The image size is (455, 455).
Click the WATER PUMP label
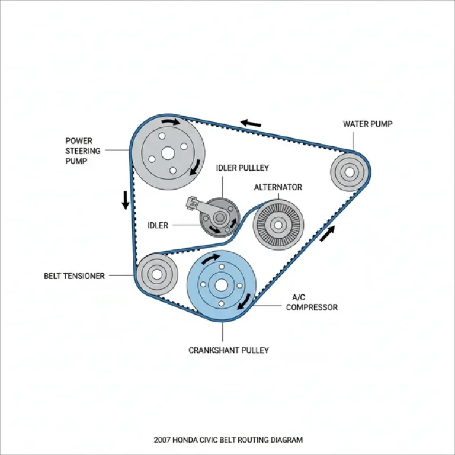pyautogui.click(x=367, y=124)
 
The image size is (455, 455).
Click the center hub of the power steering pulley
pyautogui.click(x=168, y=153)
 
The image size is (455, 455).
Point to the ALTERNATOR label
pyautogui.click(x=278, y=187)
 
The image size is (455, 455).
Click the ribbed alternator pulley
pyautogui.click(x=277, y=225)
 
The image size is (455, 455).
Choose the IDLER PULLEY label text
pyautogui.click(x=242, y=168)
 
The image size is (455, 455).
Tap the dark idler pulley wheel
pyautogui.click(x=220, y=219)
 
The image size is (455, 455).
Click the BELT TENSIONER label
pyautogui.click(x=74, y=276)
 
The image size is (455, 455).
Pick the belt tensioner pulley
pyautogui.click(x=156, y=274)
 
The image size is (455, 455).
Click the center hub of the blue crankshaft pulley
pyautogui.click(x=222, y=285)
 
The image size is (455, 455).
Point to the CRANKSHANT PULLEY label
pyautogui.click(x=229, y=350)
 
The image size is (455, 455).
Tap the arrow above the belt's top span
pyautogui.click(x=251, y=124)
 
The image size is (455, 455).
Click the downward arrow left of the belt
pyautogui.click(x=126, y=200)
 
